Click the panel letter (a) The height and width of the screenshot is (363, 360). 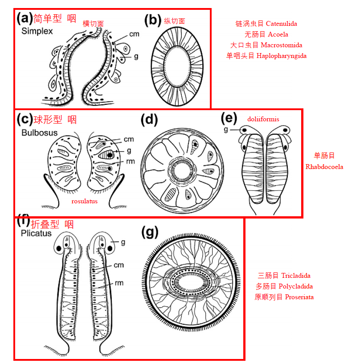coord(25,19)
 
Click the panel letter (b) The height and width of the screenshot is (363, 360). coord(152,21)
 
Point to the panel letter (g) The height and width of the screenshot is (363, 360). coord(150,232)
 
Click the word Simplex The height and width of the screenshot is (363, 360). coord(37,31)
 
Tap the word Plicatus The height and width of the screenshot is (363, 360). coord(36,233)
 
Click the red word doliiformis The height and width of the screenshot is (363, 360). coord(263,119)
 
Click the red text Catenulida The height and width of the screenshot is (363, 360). coord(282,24)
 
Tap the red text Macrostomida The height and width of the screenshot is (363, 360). coord(282,45)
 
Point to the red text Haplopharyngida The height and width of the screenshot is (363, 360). coord(282,56)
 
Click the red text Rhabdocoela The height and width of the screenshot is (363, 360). coord(324,167)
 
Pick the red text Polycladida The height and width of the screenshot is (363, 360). coord(298,286)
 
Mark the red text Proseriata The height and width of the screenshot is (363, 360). coord(299,297)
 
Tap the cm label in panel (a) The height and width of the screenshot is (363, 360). coord(134,34)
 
